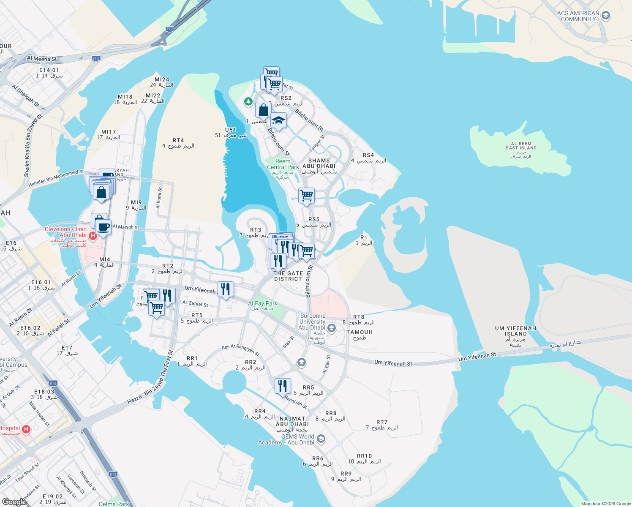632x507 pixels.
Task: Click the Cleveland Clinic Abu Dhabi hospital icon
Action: [93, 235]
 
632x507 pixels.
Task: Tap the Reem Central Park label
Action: [283, 164]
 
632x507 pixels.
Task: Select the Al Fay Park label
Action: [263, 304]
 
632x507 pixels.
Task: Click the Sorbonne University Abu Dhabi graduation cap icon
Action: [332, 328]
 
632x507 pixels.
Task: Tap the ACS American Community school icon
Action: [605, 16]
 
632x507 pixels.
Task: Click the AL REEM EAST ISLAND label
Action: [521, 146]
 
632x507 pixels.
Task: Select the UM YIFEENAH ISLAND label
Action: [515, 331]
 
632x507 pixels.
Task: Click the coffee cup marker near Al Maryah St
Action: [103, 227]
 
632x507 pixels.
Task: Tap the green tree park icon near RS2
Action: [248, 101]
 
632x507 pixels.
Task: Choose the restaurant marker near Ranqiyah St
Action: [283, 386]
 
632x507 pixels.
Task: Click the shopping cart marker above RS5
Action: [306, 196]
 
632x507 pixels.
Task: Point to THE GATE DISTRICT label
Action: [288, 276]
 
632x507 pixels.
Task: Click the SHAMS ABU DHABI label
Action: [319, 164]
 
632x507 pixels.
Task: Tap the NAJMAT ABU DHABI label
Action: [292, 421]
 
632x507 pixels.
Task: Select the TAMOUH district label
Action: [360, 332]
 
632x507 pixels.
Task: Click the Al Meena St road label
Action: [42, 59]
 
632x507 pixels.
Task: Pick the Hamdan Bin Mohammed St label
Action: [56, 178]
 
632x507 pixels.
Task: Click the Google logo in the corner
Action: [14, 502]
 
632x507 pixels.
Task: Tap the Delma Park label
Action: [114, 504]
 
